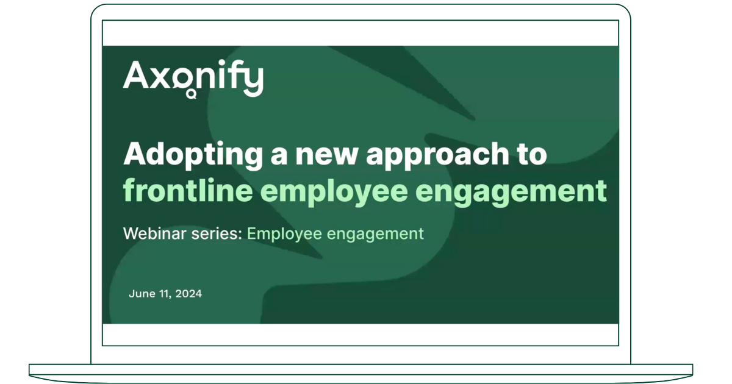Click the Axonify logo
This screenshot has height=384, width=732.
click(193, 77)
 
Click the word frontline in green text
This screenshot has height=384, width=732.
click(188, 190)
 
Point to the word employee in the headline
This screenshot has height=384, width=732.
click(331, 191)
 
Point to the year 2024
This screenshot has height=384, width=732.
click(188, 294)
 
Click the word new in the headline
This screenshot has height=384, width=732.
click(328, 154)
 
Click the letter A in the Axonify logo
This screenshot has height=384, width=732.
click(135, 76)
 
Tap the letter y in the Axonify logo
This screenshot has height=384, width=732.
click(253, 81)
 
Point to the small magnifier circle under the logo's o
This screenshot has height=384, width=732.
click(192, 94)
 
